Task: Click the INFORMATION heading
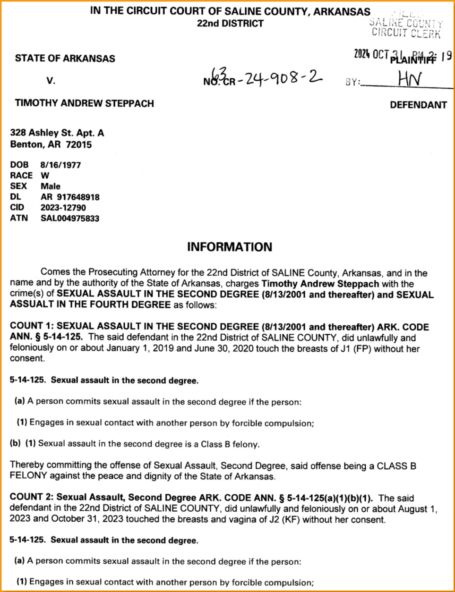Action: coord(230,247)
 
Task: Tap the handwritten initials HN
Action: coord(409,79)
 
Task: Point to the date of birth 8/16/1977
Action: coord(60,165)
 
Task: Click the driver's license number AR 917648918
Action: coord(70,197)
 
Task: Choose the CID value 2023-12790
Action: coord(63,207)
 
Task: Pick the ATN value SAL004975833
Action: coord(70,218)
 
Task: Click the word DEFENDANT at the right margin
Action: coord(418,105)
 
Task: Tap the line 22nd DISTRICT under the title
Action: coord(230,23)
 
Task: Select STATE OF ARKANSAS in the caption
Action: coord(65,59)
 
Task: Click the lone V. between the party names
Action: coord(51,81)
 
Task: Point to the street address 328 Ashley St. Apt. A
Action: coord(57,133)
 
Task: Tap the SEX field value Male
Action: coord(51,186)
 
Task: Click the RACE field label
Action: coord(21,176)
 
